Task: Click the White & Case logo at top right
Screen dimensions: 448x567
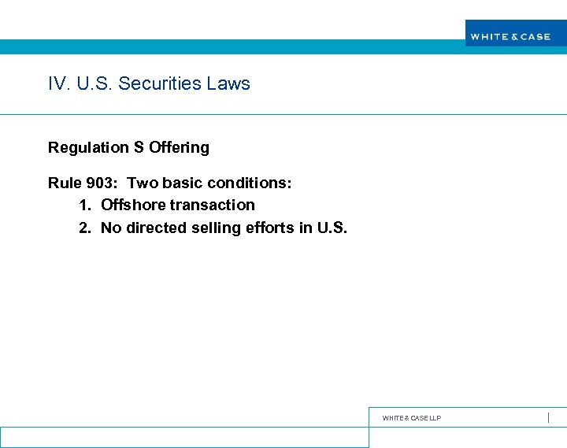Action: [510, 36]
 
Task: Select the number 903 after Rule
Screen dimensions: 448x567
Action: [100, 183]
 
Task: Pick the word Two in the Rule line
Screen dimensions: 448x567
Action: [143, 183]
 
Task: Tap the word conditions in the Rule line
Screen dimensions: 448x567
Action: [251, 183]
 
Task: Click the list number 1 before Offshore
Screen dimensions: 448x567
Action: [84, 205]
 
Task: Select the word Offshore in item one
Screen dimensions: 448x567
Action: [133, 205]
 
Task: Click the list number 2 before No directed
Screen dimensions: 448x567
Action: [84, 228]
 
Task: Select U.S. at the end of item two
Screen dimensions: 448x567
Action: [332, 228]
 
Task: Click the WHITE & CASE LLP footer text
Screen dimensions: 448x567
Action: [412, 418]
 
